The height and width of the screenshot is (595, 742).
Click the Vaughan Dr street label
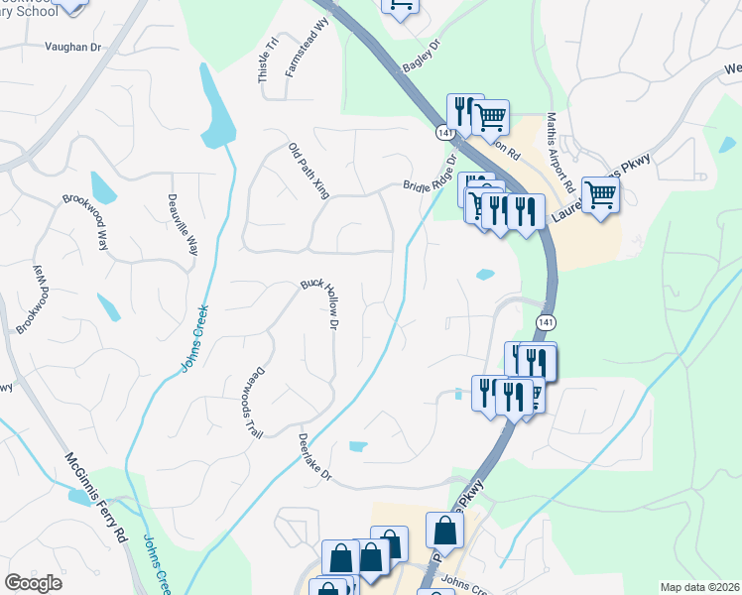point(75,46)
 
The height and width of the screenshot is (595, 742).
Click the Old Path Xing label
point(309,171)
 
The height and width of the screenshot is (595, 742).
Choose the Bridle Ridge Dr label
point(430,175)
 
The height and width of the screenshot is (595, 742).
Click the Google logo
point(33,583)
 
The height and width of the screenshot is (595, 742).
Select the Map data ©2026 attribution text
point(698,587)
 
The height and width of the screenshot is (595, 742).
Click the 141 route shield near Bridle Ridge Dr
point(444,132)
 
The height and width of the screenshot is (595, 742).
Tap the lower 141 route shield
point(545,322)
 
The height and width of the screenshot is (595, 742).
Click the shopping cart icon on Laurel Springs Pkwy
point(600,193)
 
